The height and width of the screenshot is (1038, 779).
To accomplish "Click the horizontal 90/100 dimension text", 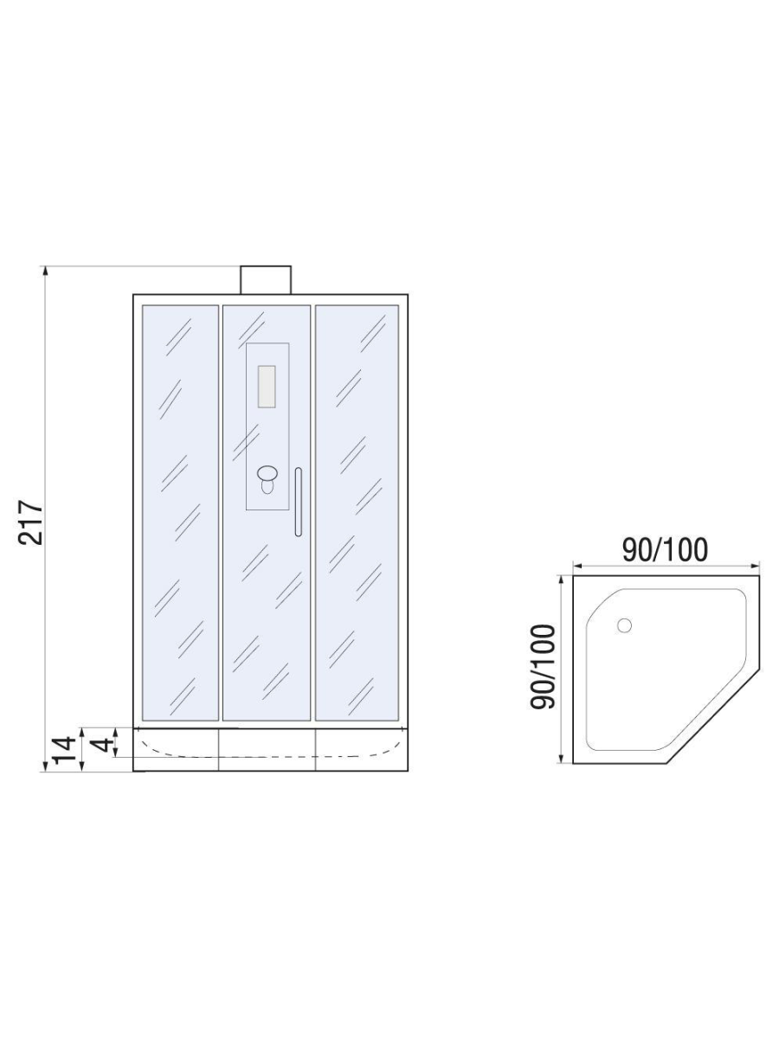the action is [x=666, y=549].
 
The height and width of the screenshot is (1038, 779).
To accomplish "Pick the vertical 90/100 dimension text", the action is [x=543, y=667].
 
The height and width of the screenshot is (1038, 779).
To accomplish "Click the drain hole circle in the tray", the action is [x=624, y=625].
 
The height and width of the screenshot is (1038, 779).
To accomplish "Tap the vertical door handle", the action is [x=298, y=502].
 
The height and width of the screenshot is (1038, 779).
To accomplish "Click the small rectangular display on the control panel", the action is [x=267, y=387].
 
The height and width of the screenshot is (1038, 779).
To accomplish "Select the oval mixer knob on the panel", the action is [x=267, y=472].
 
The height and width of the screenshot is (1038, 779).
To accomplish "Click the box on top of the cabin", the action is [x=266, y=280].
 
